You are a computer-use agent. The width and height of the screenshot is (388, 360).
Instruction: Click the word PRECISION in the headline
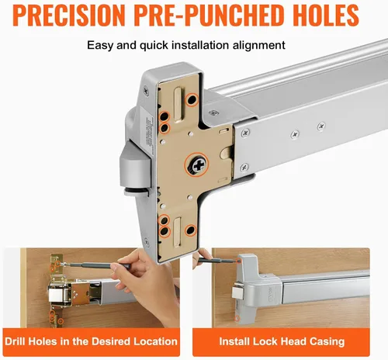click(69, 15)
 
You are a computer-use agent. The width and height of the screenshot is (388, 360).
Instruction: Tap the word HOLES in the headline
click(326, 15)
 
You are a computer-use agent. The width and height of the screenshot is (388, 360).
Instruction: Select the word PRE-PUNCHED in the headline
click(209, 15)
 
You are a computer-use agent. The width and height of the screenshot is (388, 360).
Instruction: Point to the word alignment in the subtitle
click(258, 46)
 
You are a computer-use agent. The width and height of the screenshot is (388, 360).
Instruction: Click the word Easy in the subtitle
click(100, 46)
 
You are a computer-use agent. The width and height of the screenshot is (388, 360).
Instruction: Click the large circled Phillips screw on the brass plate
click(197, 165)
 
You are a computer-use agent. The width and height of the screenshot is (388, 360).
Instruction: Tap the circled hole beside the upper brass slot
click(192, 99)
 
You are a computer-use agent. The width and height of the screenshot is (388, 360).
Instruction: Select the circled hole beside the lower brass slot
click(191, 230)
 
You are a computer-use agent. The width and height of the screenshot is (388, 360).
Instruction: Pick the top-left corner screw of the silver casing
click(147, 91)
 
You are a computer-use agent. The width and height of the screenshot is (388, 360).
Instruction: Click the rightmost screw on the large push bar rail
click(321, 126)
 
